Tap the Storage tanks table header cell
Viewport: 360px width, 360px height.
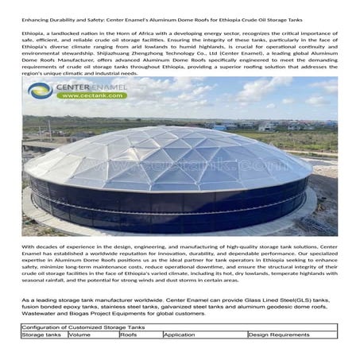tap(43, 335)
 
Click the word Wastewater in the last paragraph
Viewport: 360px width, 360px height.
tap(42, 314)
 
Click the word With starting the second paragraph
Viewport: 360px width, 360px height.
tap(29, 247)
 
